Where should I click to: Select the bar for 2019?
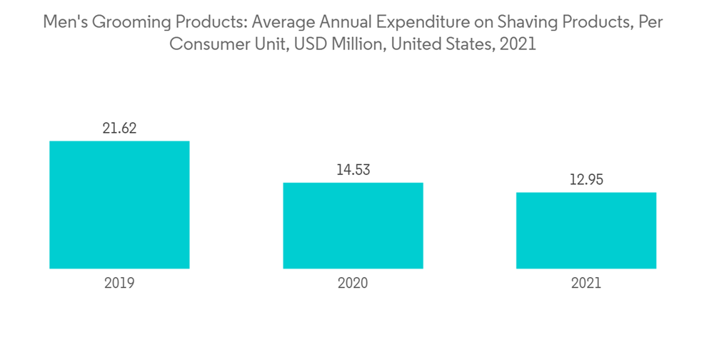click(x=119, y=205)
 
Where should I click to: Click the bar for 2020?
click(x=353, y=226)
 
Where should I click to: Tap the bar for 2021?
click(x=586, y=230)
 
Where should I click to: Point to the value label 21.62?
click(x=119, y=129)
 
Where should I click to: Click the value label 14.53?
click(x=353, y=170)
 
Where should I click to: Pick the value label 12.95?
click(x=586, y=180)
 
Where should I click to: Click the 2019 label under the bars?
click(x=119, y=283)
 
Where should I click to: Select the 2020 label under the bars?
click(x=353, y=283)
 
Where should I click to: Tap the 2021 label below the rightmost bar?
click(x=586, y=283)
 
